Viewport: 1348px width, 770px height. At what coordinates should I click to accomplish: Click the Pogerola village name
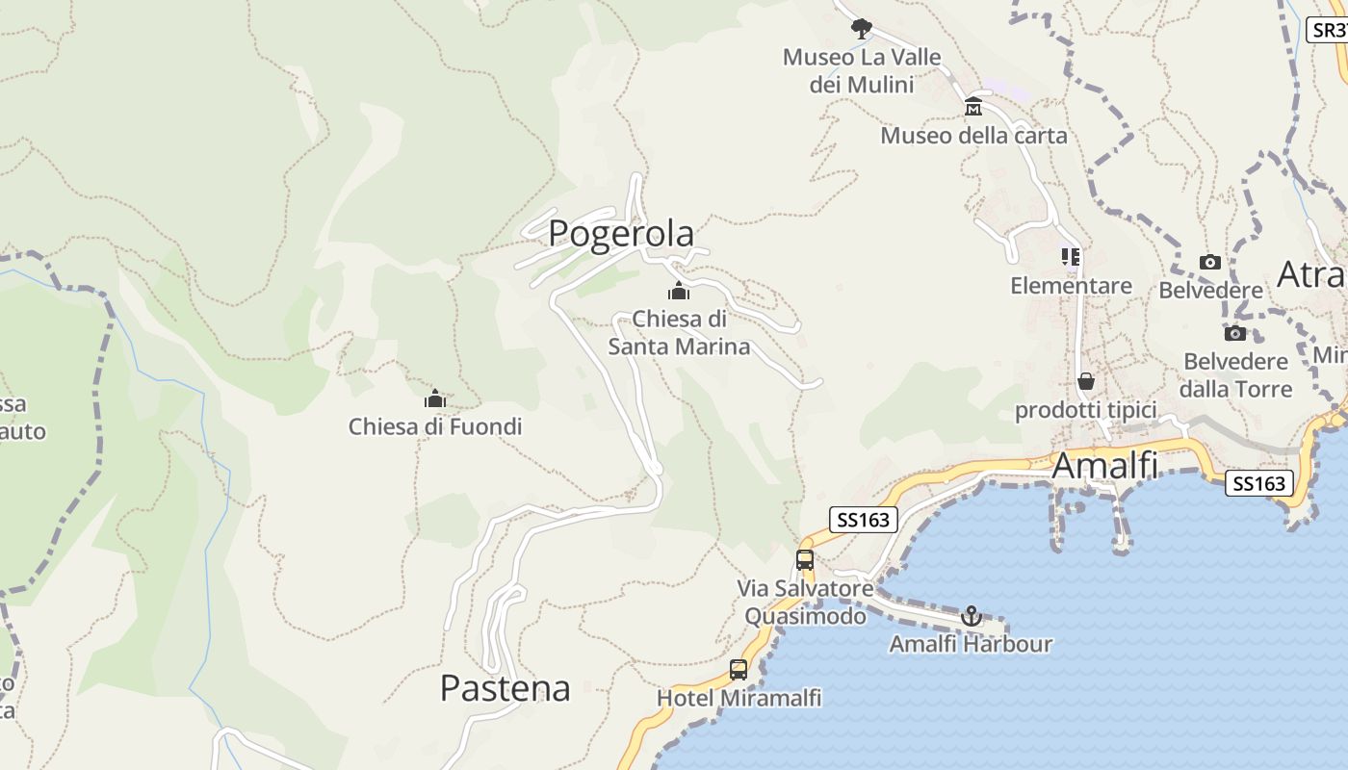point(621,234)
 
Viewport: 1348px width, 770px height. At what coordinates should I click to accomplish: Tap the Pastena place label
point(505,688)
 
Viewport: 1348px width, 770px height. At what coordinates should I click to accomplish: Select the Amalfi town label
point(1104,466)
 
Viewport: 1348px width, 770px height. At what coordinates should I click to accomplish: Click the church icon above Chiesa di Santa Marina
point(679,291)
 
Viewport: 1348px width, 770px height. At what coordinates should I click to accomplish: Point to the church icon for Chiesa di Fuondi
point(435,398)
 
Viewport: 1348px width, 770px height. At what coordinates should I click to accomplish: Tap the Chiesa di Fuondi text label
point(435,426)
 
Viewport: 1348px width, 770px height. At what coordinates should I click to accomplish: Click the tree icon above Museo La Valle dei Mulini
point(861,29)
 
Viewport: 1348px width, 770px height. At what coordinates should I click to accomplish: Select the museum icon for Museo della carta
point(973,106)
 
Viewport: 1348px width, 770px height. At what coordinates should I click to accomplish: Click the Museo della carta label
point(973,136)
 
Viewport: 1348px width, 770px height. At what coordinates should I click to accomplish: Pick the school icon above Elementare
point(1071,257)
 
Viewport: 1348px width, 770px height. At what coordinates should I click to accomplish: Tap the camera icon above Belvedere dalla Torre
point(1235,334)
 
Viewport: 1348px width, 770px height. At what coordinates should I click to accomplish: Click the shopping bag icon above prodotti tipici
point(1086,382)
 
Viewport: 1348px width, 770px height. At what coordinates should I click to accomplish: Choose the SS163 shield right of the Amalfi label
point(1259,483)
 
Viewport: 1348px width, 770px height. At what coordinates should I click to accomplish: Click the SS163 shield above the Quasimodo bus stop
point(864,521)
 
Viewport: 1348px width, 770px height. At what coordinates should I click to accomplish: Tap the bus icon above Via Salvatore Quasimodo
point(805,559)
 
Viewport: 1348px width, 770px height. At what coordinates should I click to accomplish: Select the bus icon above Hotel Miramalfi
point(739,669)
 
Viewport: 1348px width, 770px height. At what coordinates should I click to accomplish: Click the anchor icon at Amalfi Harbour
point(971,615)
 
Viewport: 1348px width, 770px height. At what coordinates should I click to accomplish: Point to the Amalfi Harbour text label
point(971,644)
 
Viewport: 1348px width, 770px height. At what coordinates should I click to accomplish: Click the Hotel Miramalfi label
point(739,698)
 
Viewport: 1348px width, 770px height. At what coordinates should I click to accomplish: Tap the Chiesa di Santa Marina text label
point(679,332)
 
